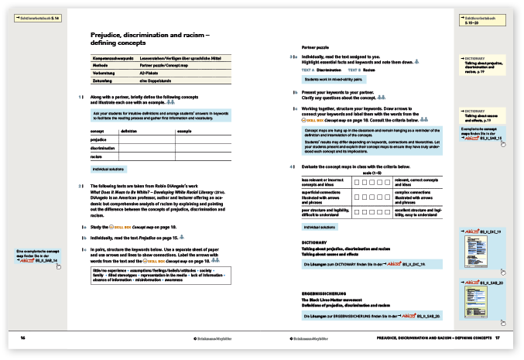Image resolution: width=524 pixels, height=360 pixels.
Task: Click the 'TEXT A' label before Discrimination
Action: (x=308, y=70)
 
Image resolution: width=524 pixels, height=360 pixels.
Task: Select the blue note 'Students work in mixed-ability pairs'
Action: (x=334, y=79)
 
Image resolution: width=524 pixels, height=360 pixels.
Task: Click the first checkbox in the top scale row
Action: (x=356, y=181)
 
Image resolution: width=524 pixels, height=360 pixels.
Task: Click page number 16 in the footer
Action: (x=23, y=338)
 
